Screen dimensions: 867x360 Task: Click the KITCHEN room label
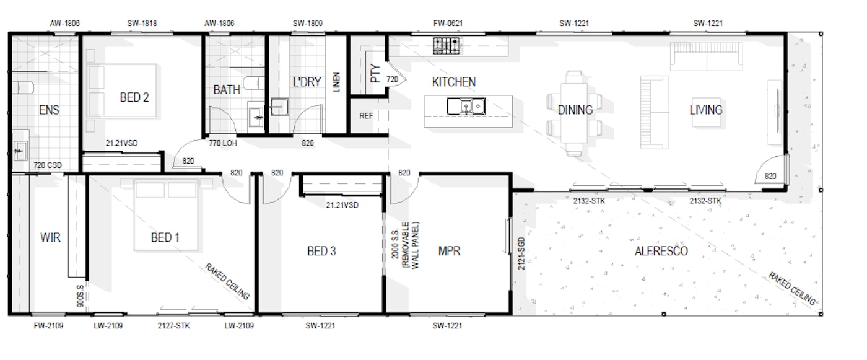[x=453, y=82]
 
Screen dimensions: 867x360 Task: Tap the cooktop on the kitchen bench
[x=447, y=46]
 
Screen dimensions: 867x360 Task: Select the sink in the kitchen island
[x=466, y=107]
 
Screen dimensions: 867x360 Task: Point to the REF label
[x=366, y=116]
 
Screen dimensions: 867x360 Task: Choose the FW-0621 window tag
[x=448, y=23]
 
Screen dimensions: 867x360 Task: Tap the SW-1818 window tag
[x=142, y=23]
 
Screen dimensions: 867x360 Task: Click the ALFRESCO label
[x=661, y=251]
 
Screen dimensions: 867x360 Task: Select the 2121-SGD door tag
[x=521, y=253]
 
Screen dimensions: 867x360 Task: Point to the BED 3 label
[x=321, y=251]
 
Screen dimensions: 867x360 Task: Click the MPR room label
[x=449, y=251]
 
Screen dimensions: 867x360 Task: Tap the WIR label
[x=50, y=237]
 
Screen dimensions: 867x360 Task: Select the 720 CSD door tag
[x=47, y=165]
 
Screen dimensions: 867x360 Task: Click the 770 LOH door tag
[x=222, y=143]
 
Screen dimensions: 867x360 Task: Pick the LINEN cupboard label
[x=336, y=82]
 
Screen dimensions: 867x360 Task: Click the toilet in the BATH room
[x=254, y=83]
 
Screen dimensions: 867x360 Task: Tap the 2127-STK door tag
[x=173, y=326]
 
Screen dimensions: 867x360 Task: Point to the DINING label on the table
[x=575, y=110]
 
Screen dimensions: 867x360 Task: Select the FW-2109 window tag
[x=48, y=326]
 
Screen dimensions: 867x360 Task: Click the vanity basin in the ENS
[x=20, y=150]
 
